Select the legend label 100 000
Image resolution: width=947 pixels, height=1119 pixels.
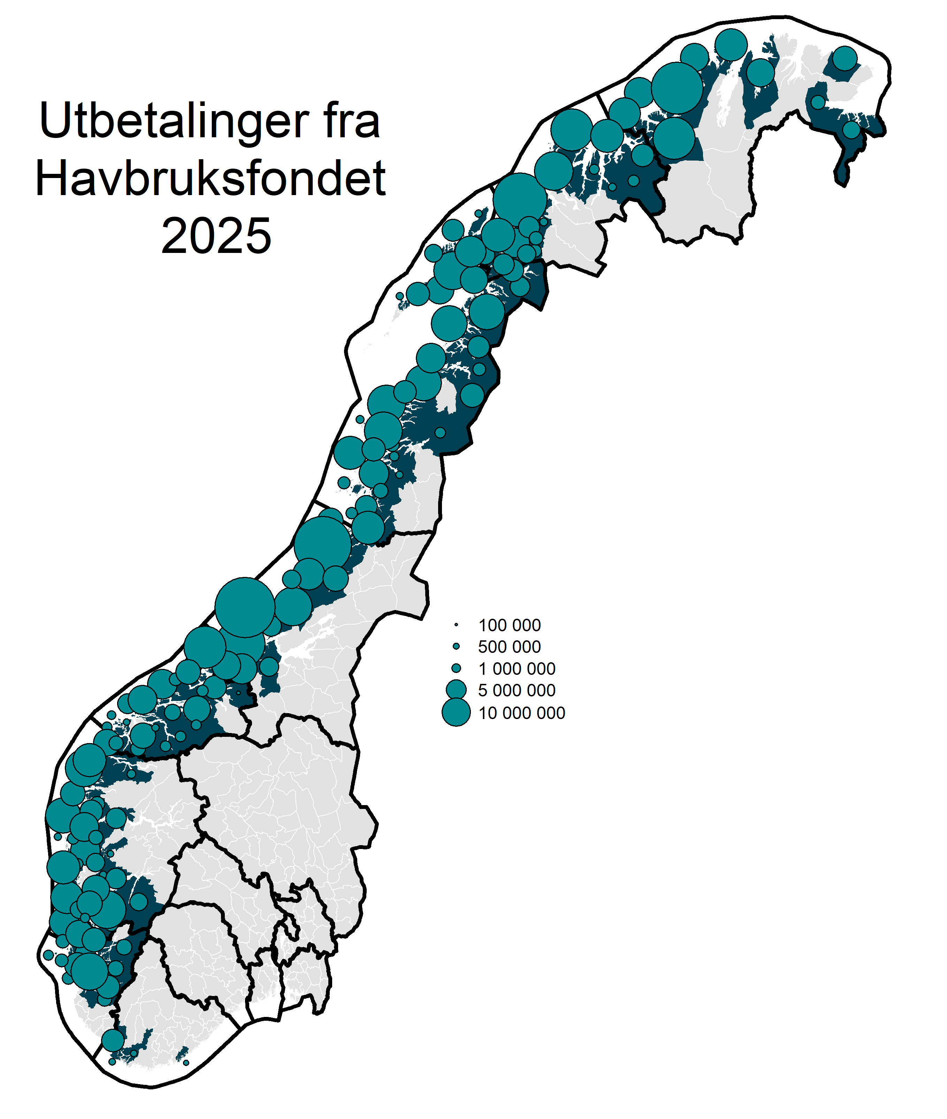click(x=509, y=625)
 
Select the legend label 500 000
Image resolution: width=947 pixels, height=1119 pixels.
click(x=509, y=647)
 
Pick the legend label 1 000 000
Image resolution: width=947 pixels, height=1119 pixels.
click(x=517, y=669)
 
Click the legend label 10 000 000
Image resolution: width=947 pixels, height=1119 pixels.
click(x=521, y=713)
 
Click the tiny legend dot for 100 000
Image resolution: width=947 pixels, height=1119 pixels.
click(x=456, y=625)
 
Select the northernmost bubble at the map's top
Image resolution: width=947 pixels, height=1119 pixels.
click(x=731, y=45)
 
